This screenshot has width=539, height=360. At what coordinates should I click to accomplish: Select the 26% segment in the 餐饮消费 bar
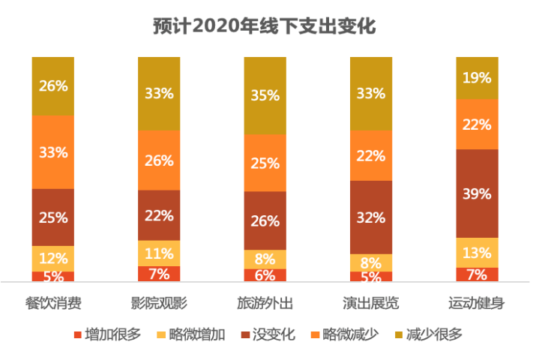click(53, 85)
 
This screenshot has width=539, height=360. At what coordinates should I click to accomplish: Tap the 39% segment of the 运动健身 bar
click(477, 193)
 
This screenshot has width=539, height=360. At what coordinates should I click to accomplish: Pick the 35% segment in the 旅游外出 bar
click(265, 95)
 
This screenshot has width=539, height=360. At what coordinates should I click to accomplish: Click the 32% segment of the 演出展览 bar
click(371, 217)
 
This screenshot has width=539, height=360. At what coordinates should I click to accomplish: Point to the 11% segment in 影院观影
click(159, 253)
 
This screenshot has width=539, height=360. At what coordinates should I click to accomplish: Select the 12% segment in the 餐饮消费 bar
click(53, 258)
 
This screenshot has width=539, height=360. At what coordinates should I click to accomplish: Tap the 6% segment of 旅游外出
click(265, 275)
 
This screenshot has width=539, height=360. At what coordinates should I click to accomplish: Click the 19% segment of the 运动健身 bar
click(477, 77)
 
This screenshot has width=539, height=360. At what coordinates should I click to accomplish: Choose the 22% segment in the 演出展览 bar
click(371, 155)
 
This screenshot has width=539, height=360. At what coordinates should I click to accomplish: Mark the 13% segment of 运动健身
click(477, 252)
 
